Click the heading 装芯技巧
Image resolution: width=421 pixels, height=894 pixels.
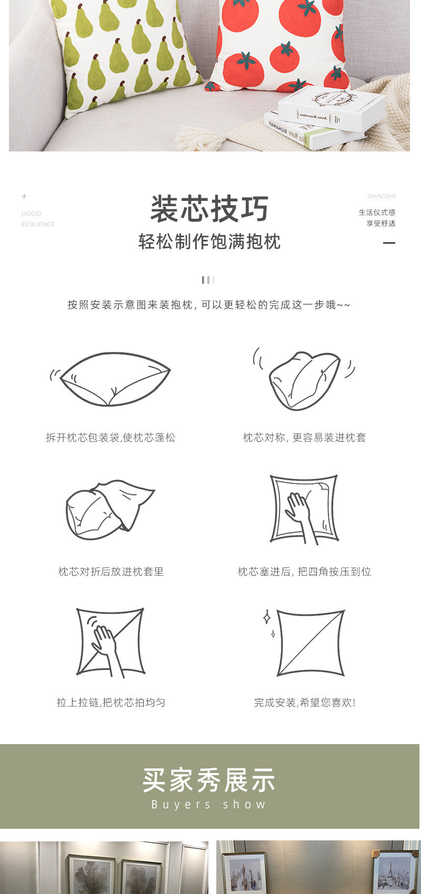[209, 209]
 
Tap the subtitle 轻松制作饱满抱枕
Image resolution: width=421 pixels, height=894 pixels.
[209, 242]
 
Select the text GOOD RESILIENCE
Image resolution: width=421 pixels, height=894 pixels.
[37, 219]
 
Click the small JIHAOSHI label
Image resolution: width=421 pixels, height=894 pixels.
[381, 196]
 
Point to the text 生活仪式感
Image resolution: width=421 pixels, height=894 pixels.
[377, 212]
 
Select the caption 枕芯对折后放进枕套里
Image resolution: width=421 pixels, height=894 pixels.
[111, 572]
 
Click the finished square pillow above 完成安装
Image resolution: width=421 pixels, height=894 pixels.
[310, 643]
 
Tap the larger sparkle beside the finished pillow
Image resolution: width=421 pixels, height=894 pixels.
[267, 617]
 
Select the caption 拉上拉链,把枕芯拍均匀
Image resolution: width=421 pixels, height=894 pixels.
[111, 703]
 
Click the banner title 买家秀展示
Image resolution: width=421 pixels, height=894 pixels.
[209, 780]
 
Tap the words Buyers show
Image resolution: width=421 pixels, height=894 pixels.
[209, 805]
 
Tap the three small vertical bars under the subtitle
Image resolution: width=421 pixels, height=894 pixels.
[208, 280]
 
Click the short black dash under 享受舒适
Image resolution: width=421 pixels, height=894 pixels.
[389, 243]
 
